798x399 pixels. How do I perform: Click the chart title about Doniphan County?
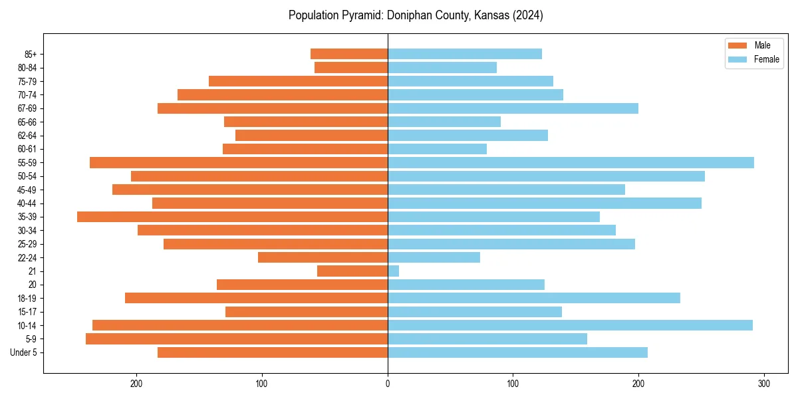[416, 15]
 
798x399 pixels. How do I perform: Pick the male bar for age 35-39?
[232, 217]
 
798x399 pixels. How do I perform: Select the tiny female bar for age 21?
[393, 271]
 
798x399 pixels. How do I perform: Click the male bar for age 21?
[352, 271]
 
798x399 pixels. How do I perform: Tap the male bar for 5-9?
[237, 338]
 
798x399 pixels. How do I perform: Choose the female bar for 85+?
[464, 54]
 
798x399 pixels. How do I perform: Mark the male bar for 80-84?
[351, 67]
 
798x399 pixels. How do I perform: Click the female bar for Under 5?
[517, 352]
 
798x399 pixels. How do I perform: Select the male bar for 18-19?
[256, 298]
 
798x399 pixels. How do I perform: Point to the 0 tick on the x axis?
[388, 383]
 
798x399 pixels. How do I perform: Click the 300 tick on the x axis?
[764, 383]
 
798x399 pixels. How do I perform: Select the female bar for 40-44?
[544, 203]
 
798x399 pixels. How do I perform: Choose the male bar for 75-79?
[298, 81]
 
